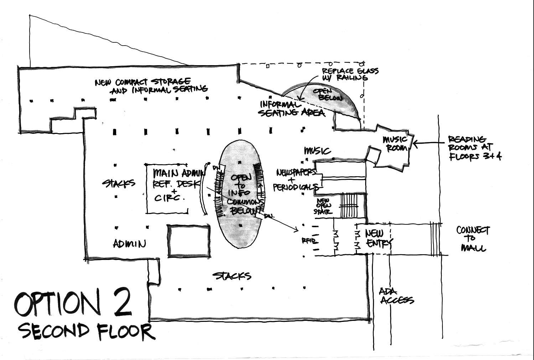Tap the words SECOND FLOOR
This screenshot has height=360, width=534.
click(x=86, y=331)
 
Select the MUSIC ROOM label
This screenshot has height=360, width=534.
click(x=395, y=143)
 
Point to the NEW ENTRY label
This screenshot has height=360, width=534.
click(x=378, y=238)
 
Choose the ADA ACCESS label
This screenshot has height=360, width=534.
click(x=396, y=296)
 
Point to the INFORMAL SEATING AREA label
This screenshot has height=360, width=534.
click(x=291, y=109)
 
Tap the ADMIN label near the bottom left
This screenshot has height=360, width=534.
click(x=129, y=244)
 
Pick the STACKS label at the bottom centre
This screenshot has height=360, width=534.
click(x=232, y=276)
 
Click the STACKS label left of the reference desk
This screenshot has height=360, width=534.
click(x=119, y=184)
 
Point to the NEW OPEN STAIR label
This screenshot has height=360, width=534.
click(x=323, y=206)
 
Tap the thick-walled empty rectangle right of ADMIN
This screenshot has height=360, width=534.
click(x=188, y=240)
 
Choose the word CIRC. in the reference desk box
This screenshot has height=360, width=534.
click(x=170, y=198)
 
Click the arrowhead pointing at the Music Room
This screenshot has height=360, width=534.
click(x=414, y=144)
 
